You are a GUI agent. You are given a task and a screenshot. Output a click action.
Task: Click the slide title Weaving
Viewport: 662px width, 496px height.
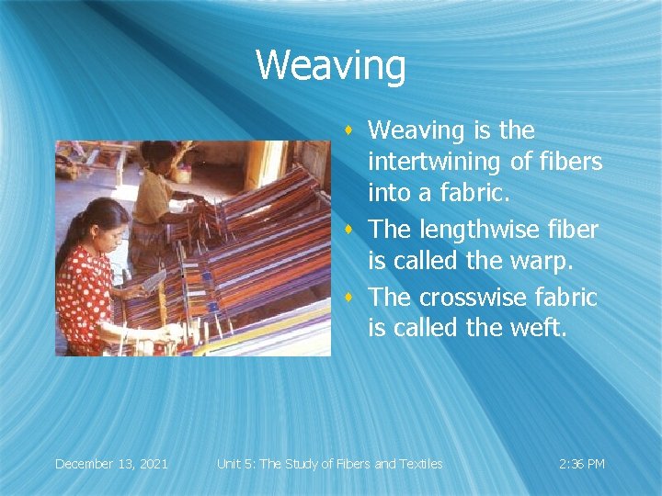(x=330, y=66)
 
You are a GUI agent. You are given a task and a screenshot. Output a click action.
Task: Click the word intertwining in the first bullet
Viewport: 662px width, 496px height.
(x=435, y=163)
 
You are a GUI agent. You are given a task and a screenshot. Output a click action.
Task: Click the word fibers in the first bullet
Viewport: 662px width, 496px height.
(x=570, y=163)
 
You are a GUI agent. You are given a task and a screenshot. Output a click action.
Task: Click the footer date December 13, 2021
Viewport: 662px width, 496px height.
(x=111, y=464)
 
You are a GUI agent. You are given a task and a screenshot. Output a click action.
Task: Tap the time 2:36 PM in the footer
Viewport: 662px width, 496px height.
(x=581, y=464)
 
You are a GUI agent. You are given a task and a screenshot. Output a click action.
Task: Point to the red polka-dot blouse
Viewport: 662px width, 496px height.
(x=86, y=294)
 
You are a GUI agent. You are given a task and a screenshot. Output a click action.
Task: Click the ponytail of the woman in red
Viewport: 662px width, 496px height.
(x=66, y=248)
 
